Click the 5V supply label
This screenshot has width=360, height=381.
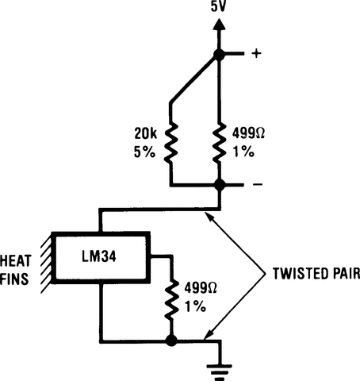tap(219, 10)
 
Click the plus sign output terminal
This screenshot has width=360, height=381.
tap(256, 54)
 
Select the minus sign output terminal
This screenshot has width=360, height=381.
tap(256, 187)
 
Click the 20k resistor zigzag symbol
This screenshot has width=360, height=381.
tap(170, 143)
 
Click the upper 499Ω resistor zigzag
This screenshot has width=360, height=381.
tap(219, 142)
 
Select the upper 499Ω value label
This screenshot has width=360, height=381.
tap(247, 133)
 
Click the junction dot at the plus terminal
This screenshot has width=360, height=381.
tap(219, 54)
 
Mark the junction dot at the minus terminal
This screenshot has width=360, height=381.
tap(219, 186)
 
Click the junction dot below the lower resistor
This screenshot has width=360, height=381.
tap(170, 341)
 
